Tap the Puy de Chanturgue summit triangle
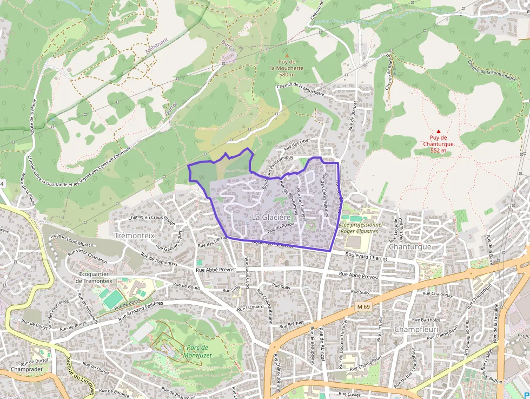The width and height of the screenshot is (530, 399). (439, 131)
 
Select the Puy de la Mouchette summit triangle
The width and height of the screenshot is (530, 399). (287, 55)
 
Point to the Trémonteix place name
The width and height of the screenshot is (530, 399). (135, 236)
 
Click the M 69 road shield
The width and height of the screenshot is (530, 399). (363, 307)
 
